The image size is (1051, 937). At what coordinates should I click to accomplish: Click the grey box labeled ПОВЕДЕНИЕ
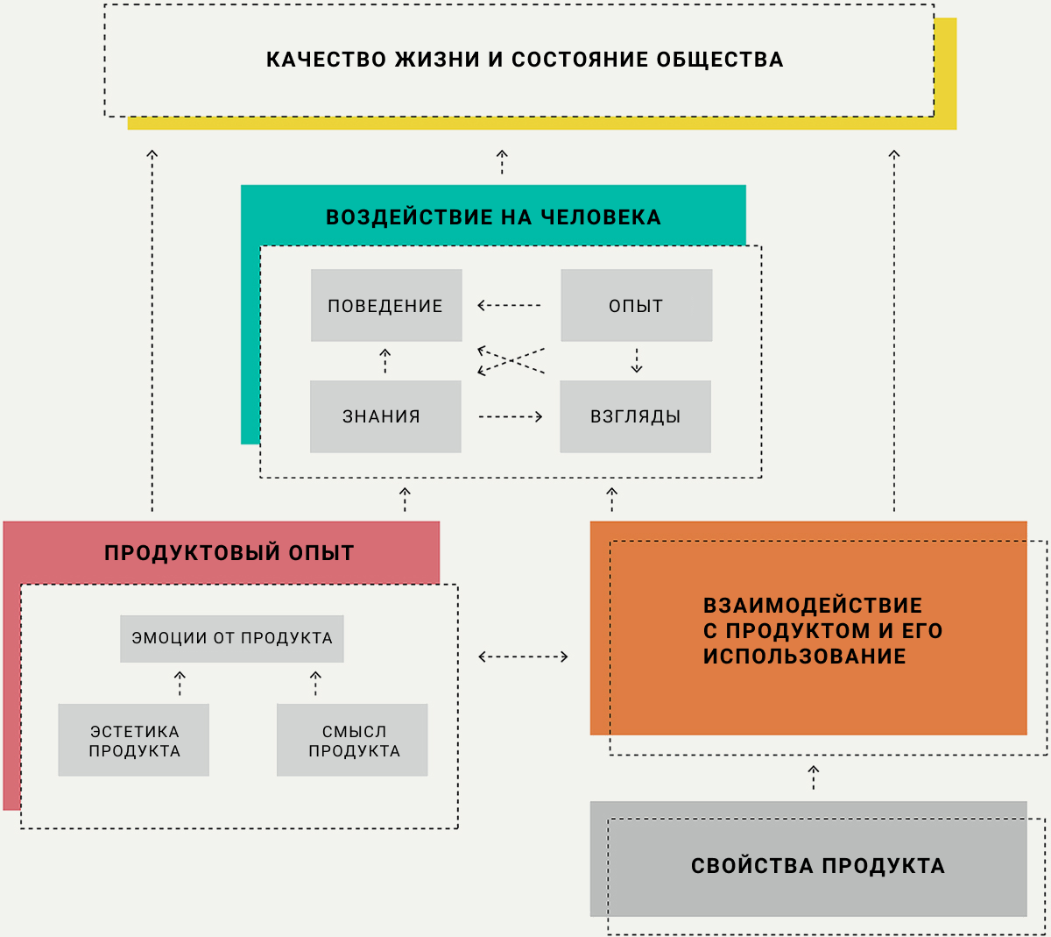point(386,305)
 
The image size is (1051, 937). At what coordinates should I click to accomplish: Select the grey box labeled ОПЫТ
point(637,305)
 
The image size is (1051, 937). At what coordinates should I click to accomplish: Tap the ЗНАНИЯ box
point(385,416)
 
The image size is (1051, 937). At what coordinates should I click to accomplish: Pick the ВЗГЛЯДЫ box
point(636,416)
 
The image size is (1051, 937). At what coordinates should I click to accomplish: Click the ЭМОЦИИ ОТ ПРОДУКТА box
point(232,638)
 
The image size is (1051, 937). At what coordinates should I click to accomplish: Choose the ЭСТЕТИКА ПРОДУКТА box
point(133,740)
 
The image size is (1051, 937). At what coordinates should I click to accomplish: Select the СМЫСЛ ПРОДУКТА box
point(352,740)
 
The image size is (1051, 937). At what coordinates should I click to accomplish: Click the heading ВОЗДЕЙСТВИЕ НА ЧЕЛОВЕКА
point(493,217)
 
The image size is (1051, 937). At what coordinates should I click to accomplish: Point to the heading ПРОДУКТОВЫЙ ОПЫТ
point(229,553)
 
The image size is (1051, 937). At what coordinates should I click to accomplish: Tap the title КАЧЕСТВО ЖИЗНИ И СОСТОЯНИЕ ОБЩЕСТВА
point(525,60)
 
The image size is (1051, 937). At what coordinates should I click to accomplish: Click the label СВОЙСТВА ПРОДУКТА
point(817,866)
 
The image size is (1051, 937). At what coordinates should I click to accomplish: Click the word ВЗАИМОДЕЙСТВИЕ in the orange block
point(813,606)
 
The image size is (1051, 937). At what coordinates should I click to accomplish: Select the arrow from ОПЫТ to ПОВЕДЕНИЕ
point(510,305)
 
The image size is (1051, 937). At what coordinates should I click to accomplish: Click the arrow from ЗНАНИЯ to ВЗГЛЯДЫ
point(511,416)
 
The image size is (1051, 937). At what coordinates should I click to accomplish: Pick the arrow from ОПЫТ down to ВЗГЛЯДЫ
point(637,361)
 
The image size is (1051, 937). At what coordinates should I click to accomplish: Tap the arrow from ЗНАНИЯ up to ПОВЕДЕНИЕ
point(384,361)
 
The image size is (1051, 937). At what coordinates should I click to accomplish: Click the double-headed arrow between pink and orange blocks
point(523,657)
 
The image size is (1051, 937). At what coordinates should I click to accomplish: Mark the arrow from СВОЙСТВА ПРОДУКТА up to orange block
point(814,777)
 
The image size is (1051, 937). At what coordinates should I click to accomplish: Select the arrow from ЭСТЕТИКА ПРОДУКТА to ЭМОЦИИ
point(180,683)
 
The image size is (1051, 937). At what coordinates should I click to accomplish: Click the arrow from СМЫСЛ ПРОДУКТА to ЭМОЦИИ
point(315,683)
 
